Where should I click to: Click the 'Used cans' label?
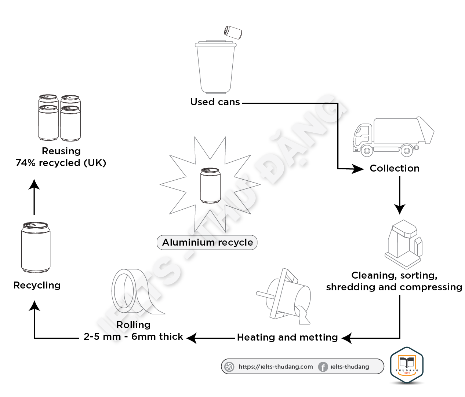pyautogui.click(x=215, y=102)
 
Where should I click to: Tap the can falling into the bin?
pyautogui.click(x=233, y=33)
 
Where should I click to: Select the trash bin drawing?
pyautogui.click(x=215, y=67)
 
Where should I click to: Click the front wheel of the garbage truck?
pyautogui.click(x=367, y=150)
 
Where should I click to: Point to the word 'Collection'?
pyautogui.click(x=395, y=168)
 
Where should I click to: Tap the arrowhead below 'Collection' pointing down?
pyautogui.click(x=400, y=209)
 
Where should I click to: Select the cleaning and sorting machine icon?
pyautogui.click(x=404, y=244)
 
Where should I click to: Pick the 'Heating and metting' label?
pyautogui.click(x=287, y=337)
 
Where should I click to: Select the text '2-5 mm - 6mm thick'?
pyautogui.click(x=133, y=337)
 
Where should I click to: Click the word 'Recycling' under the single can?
pyautogui.click(x=37, y=286)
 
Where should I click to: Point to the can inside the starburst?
pyautogui.click(x=210, y=185)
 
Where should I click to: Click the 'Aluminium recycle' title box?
pyautogui.click(x=207, y=242)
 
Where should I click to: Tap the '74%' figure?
pyautogui.click(x=26, y=163)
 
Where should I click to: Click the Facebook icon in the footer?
pyautogui.click(x=323, y=367)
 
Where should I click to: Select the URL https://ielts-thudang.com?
pyautogui.click(x=276, y=367)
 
